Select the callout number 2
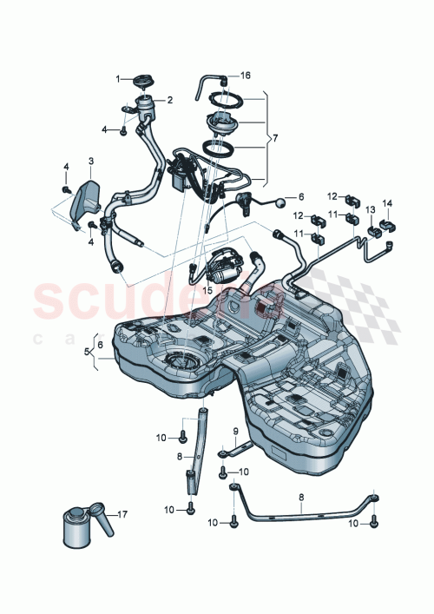170,100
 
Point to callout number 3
90,162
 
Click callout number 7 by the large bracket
275,138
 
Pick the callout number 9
234,431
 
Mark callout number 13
369,210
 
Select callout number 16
246,76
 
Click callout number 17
122,515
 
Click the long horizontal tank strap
304,512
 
